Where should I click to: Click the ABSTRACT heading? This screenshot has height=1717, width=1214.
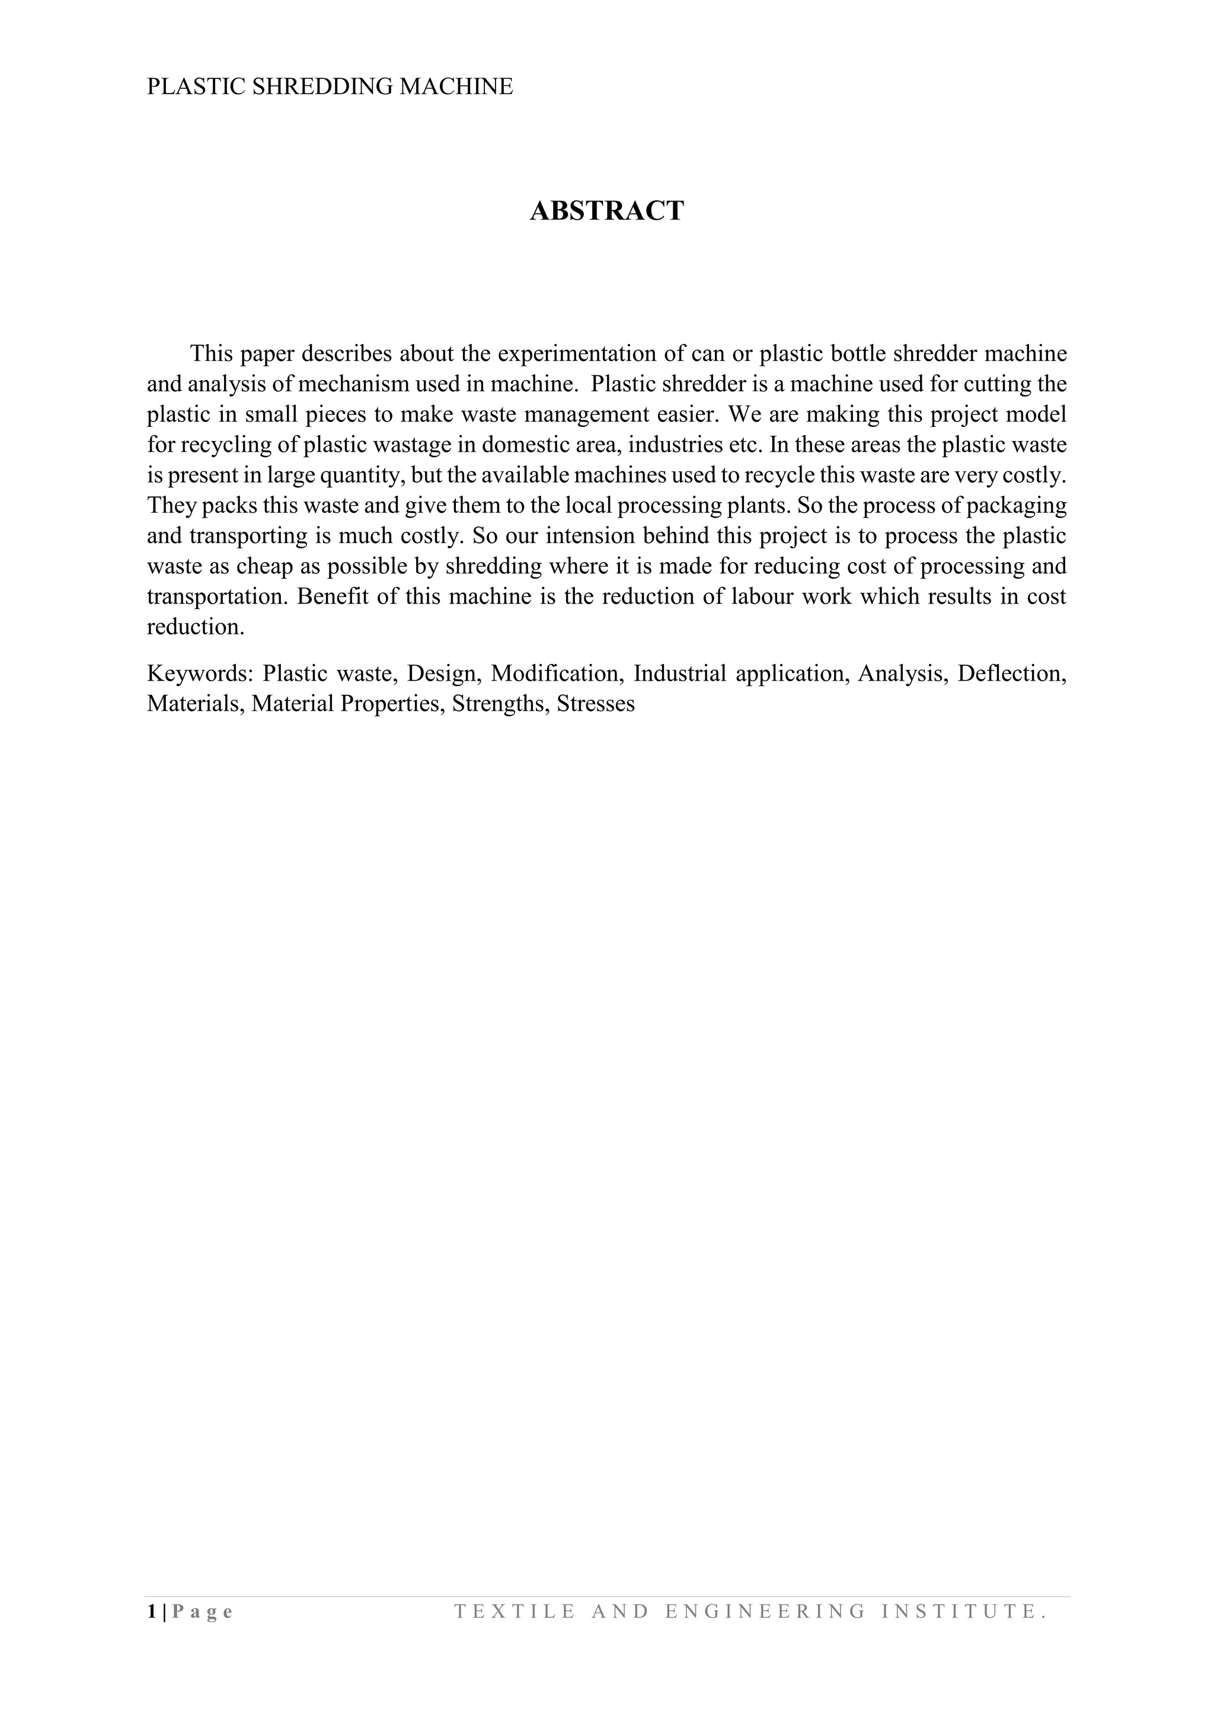pos(606,212)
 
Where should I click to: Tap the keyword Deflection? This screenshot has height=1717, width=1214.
pos(1011,673)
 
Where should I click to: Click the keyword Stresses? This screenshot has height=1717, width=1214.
pos(596,704)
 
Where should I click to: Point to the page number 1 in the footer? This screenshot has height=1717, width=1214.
pos(152,1611)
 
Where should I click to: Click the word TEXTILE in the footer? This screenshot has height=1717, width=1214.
pos(515,1611)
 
